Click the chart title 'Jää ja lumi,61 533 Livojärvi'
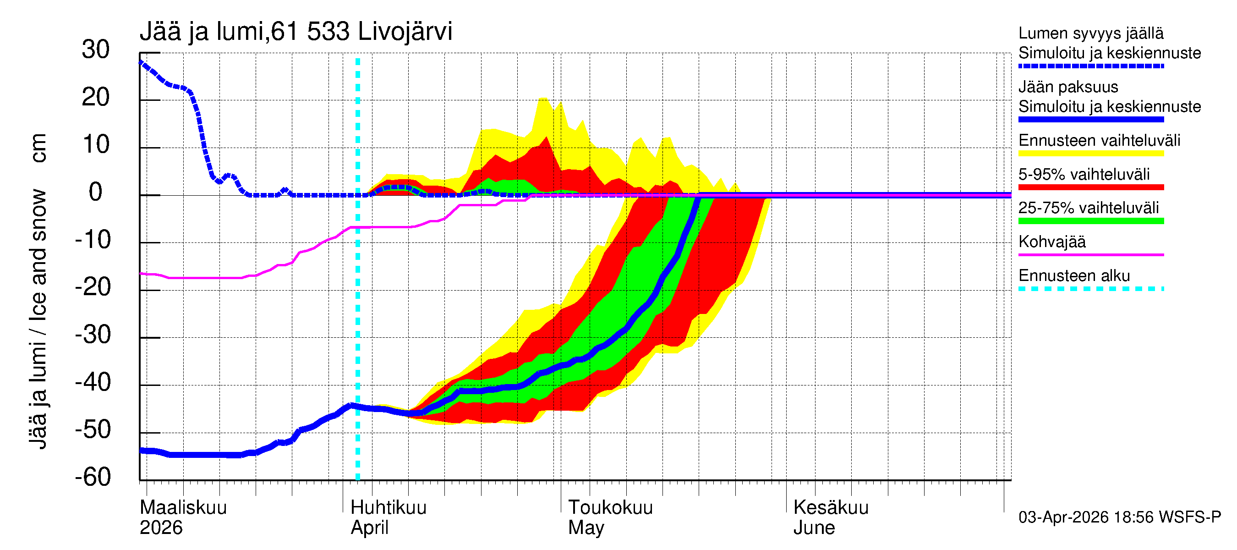click(296, 32)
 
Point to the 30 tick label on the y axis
click(96, 49)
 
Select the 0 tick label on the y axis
click(96, 192)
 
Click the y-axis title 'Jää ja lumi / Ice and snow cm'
click(38, 291)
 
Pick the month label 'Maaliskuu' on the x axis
click(183, 507)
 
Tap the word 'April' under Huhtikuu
click(369, 528)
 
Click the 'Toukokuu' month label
click(610, 507)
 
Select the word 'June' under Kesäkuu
click(814, 528)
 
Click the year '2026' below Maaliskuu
click(161, 528)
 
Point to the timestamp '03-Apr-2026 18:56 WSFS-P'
click(1119, 517)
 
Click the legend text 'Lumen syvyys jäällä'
click(1090, 33)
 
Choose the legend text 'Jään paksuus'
click(1068, 87)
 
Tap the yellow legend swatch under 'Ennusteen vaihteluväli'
click(1090, 154)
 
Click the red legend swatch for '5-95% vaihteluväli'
click(1090, 187)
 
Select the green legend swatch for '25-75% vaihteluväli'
click(1090, 221)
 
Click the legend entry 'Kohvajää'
click(1051, 242)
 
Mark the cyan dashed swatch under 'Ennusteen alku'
click(1090, 289)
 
